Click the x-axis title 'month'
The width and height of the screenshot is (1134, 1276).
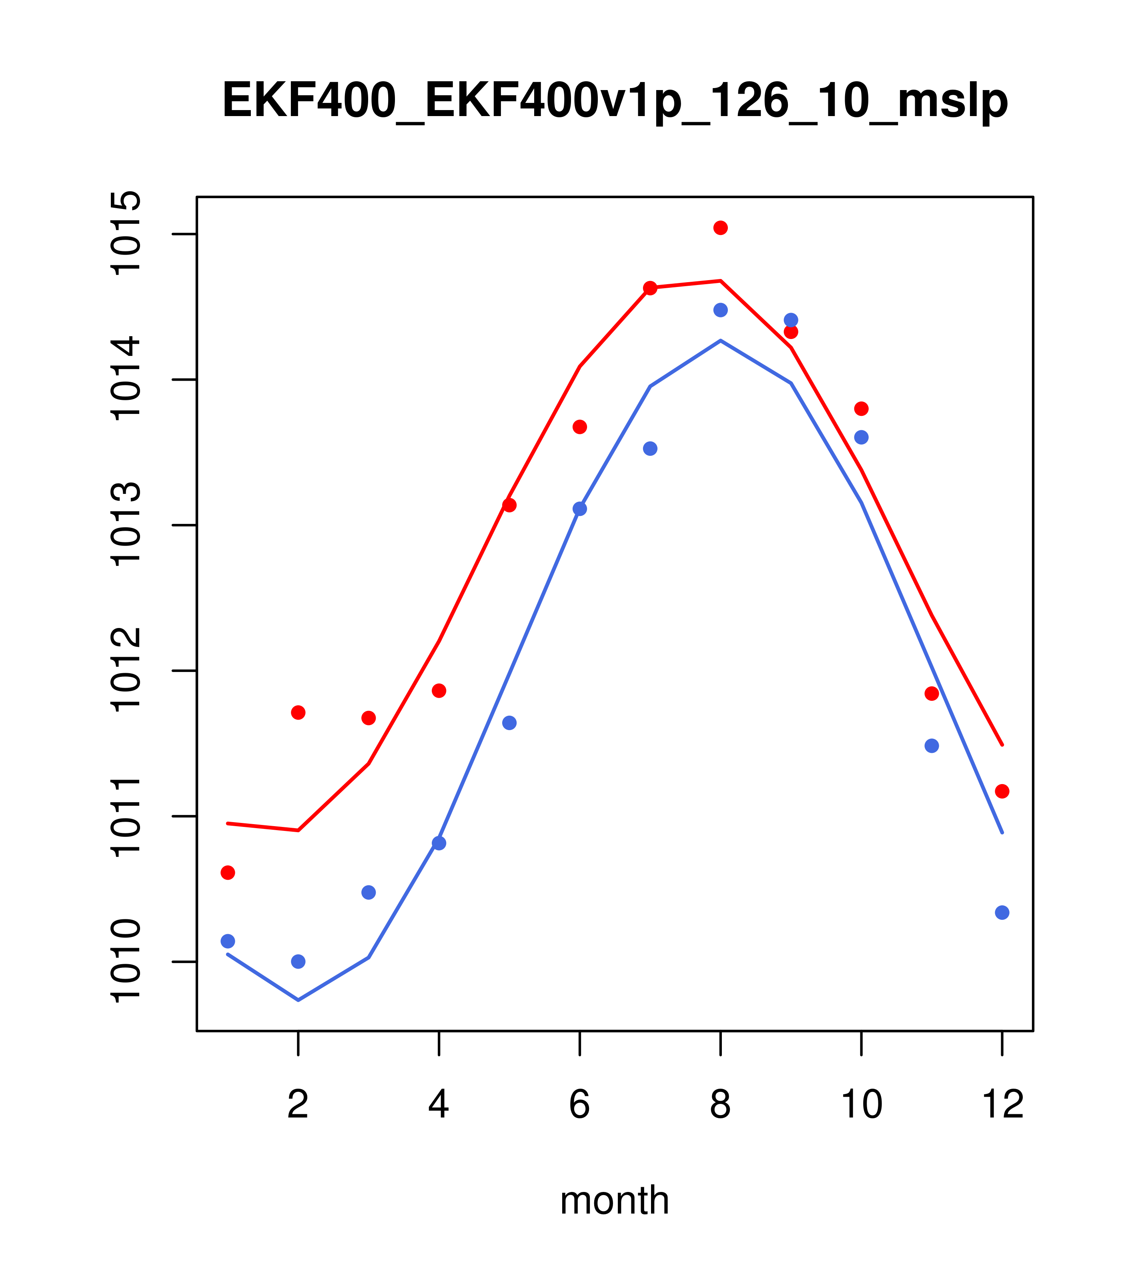pos(615,1200)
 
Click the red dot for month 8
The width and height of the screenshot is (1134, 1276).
pos(720,228)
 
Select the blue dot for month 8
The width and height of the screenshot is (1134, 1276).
pos(720,310)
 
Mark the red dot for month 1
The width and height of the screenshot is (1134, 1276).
pos(228,873)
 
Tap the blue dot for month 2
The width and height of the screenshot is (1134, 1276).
pos(299,961)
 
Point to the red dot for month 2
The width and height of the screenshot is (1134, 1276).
pos(299,713)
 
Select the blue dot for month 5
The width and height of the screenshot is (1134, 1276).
pos(509,723)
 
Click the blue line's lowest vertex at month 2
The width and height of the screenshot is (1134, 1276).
pos(299,1000)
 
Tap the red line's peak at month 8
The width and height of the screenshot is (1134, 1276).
pos(720,281)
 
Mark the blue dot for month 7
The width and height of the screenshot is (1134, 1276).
pos(650,449)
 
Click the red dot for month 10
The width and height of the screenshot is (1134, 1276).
pos(861,409)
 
